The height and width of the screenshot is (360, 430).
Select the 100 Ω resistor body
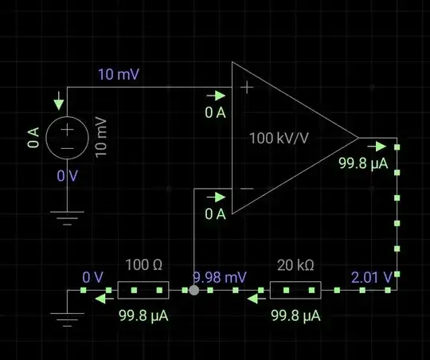point(144,290)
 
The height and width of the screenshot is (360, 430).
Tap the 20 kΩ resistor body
point(295,290)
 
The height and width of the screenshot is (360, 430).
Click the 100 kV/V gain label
point(280,138)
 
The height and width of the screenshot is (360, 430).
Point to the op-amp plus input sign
point(247,88)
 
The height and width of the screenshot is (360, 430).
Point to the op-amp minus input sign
point(247,189)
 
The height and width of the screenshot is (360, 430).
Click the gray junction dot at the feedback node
point(193,290)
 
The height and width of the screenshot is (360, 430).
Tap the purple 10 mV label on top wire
point(117,76)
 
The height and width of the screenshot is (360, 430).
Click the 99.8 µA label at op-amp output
point(362,164)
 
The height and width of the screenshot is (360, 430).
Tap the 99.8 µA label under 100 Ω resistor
point(144,316)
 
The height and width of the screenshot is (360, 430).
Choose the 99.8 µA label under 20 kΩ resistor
point(295,316)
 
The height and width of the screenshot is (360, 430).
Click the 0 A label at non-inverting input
point(215,112)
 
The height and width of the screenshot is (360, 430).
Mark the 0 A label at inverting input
point(215,213)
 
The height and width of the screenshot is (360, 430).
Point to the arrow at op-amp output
point(379,146)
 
